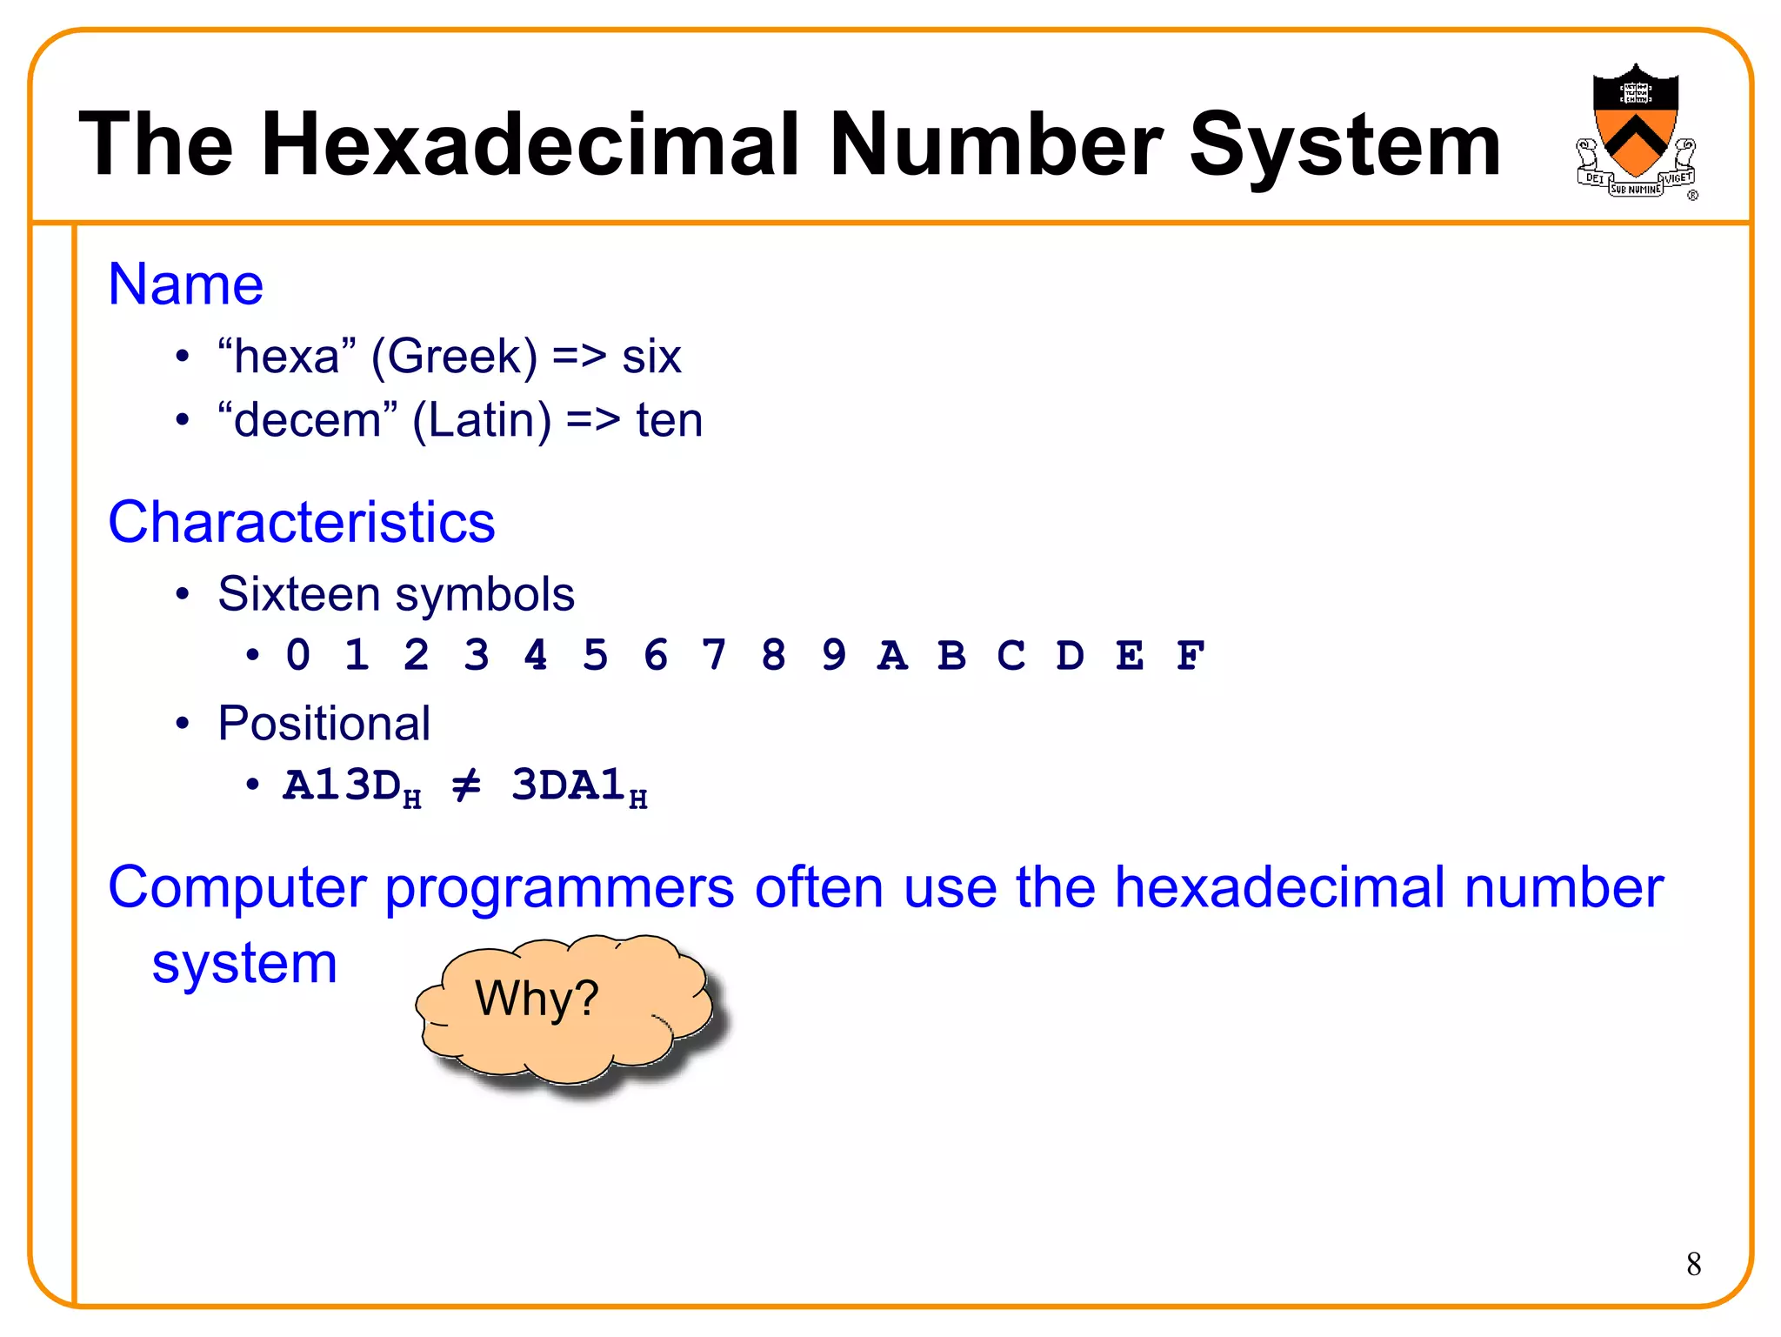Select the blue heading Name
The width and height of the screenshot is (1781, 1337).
(x=185, y=284)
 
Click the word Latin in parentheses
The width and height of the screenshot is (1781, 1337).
(x=482, y=421)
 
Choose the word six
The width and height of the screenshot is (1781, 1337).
(x=651, y=357)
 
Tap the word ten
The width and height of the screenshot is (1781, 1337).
(x=669, y=421)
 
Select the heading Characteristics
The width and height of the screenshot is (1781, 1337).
(x=301, y=523)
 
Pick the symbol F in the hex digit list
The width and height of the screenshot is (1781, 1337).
(x=1190, y=656)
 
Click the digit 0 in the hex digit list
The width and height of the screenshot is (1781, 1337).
(x=297, y=656)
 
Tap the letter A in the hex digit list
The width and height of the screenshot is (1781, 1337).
(x=892, y=656)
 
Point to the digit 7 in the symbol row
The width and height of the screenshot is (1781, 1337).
(x=714, y=656)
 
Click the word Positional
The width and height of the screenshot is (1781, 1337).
(x=324, y=723)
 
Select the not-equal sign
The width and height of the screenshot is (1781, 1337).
(x=466, y=786)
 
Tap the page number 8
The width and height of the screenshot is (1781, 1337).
(x=1693, y=1264)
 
